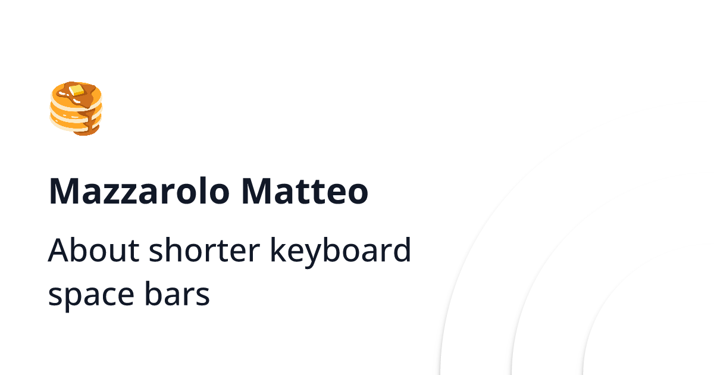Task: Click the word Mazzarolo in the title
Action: [x=139, y=192]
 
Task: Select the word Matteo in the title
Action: [x=305, y=192]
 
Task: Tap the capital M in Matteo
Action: [x=256, y=192]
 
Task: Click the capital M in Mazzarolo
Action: [x=64, y=192]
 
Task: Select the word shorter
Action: [x=205, y=251]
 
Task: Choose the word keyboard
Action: [x=340, y=251]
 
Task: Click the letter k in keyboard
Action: [x=277, y=250]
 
